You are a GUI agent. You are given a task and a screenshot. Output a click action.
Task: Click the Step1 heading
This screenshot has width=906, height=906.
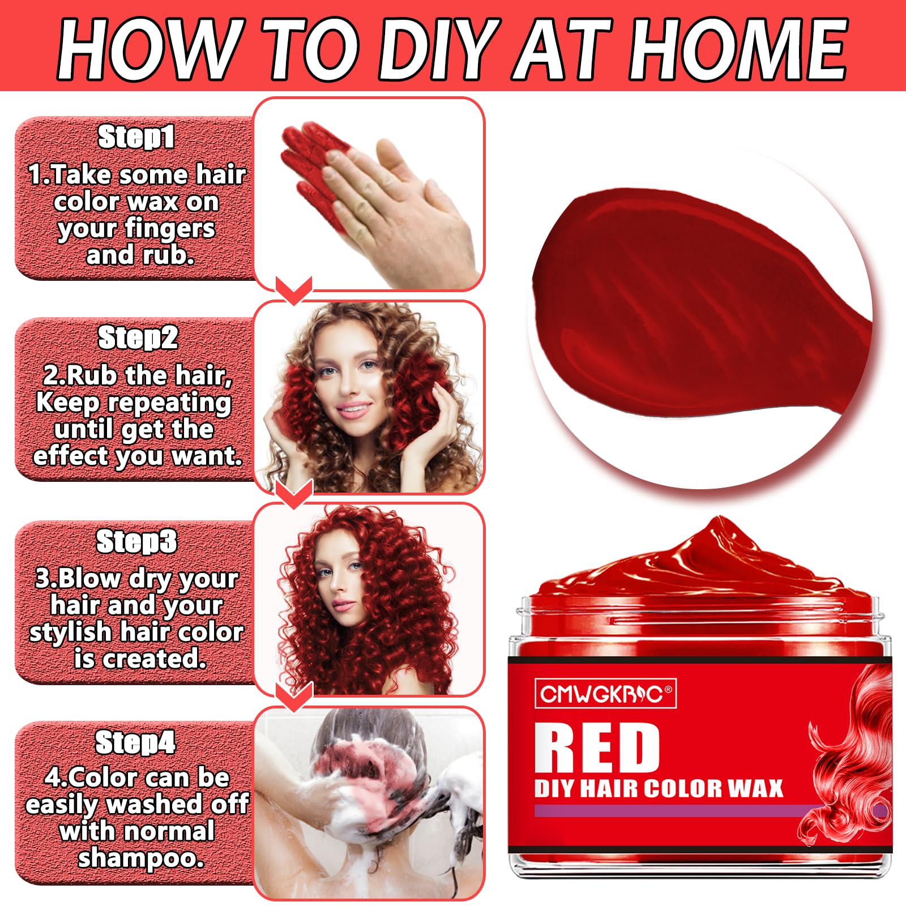click(x=136, y=138)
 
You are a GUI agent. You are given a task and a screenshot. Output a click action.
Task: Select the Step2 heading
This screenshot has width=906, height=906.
click(x=138, y=338)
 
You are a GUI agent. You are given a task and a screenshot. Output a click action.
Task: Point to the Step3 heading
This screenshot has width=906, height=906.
click(x=136, y=541)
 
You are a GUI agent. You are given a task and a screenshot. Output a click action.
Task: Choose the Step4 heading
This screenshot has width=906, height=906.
click(x=135, y=742)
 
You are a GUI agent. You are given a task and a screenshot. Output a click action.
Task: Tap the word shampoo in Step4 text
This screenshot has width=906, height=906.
click(x=140, y=858)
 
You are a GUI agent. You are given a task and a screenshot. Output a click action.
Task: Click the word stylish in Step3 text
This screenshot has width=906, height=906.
click(x=70, y=632)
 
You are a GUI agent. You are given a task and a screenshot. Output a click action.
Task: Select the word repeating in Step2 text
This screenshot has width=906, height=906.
click(x=169, y=403)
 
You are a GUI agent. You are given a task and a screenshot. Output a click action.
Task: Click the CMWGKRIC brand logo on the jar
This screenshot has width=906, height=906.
click(x=605, y=694)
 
